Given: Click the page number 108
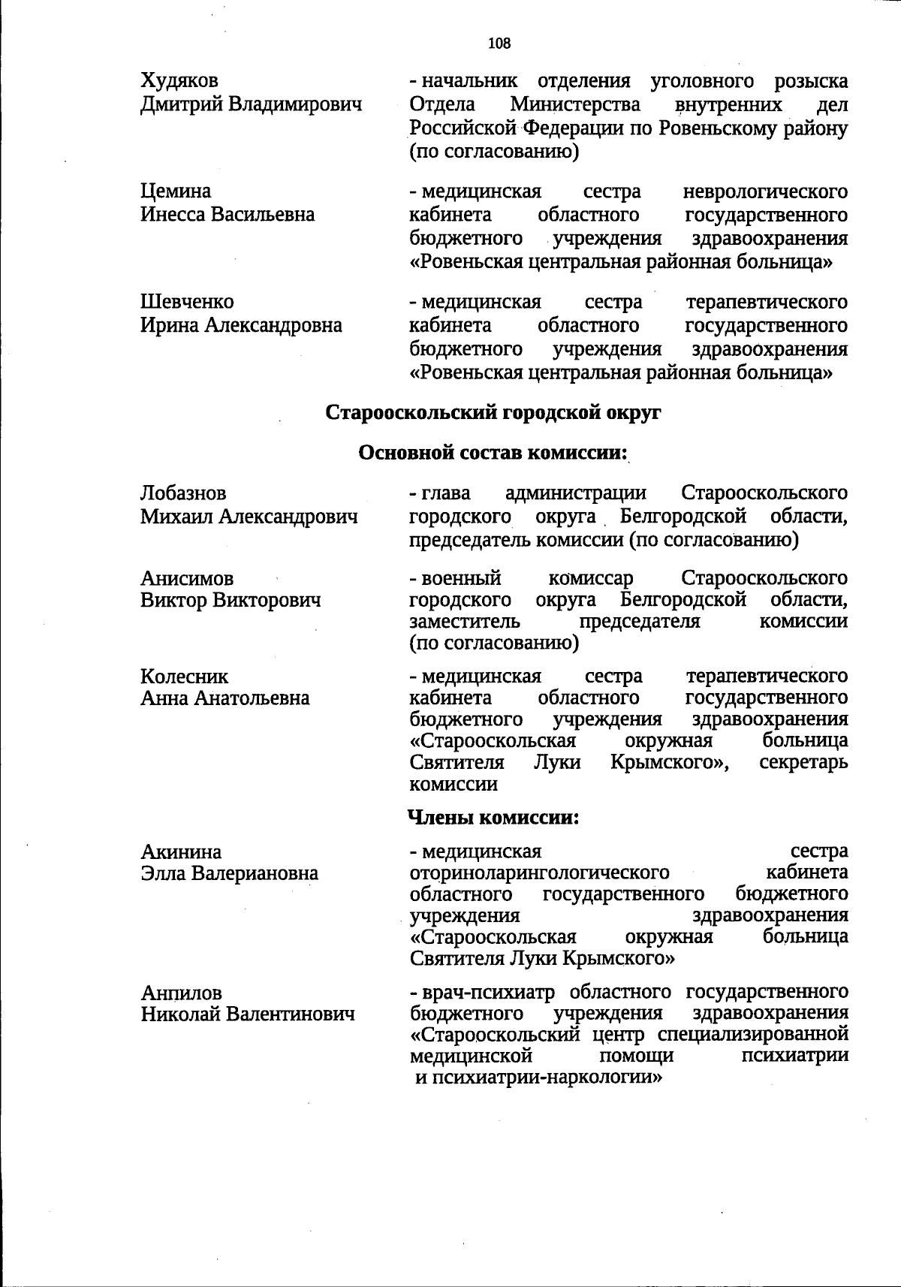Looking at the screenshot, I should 499,44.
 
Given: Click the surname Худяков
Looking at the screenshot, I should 179,80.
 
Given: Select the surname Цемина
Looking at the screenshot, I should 176,191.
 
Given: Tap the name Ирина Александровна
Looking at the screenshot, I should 241,325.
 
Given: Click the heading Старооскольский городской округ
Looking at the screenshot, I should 494,412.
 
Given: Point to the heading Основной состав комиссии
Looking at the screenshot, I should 493,453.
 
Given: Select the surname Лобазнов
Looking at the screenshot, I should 183,493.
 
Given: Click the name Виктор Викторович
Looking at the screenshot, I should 231,601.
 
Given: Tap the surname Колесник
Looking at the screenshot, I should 184,677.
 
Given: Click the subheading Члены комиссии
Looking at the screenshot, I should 493,817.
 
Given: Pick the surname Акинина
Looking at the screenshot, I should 181,852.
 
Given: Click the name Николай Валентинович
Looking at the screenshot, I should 247,1014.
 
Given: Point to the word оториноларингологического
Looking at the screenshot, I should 539,873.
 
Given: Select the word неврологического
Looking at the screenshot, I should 766,191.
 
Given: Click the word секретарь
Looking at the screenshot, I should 803,762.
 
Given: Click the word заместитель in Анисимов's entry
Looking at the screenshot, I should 465,622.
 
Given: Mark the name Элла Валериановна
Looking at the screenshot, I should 229,873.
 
